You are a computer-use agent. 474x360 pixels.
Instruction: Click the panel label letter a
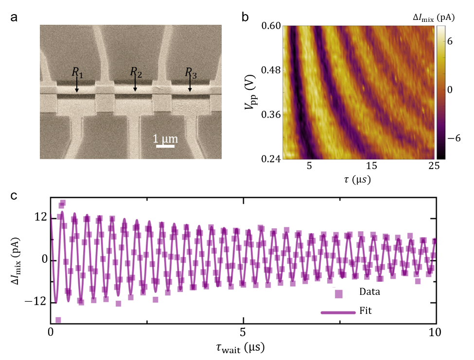click(x=14, y=18)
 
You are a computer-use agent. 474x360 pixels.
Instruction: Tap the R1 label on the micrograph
click(x=77, y=72)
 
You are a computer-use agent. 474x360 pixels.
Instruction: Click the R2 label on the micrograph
click(x=136, y=72)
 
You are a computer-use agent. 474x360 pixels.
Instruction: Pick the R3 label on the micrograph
click(x=191, y=73)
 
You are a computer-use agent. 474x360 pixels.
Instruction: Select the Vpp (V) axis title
click(x=250, y=92)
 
